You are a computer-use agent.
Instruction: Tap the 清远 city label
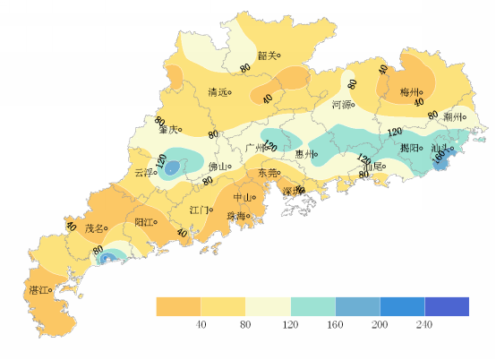[x=218, y=92]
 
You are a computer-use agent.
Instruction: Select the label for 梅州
[x=409, y=91]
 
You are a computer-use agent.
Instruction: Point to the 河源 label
[x=341, y=105]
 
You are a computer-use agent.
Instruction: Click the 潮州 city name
[x=454, y=116]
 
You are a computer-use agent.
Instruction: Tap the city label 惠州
[x=304, y=154]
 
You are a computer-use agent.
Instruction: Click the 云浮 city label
[x=142, y=173]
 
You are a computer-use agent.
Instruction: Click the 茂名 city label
[x=95, y=228]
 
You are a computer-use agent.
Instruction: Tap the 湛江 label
[x=39, y=290]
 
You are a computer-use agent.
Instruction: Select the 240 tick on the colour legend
[x=424, y=325]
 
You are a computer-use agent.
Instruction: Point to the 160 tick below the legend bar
[x=335, y=325]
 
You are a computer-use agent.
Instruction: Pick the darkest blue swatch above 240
[x=447, y=306]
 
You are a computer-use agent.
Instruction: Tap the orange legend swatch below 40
[x=178, y=306]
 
